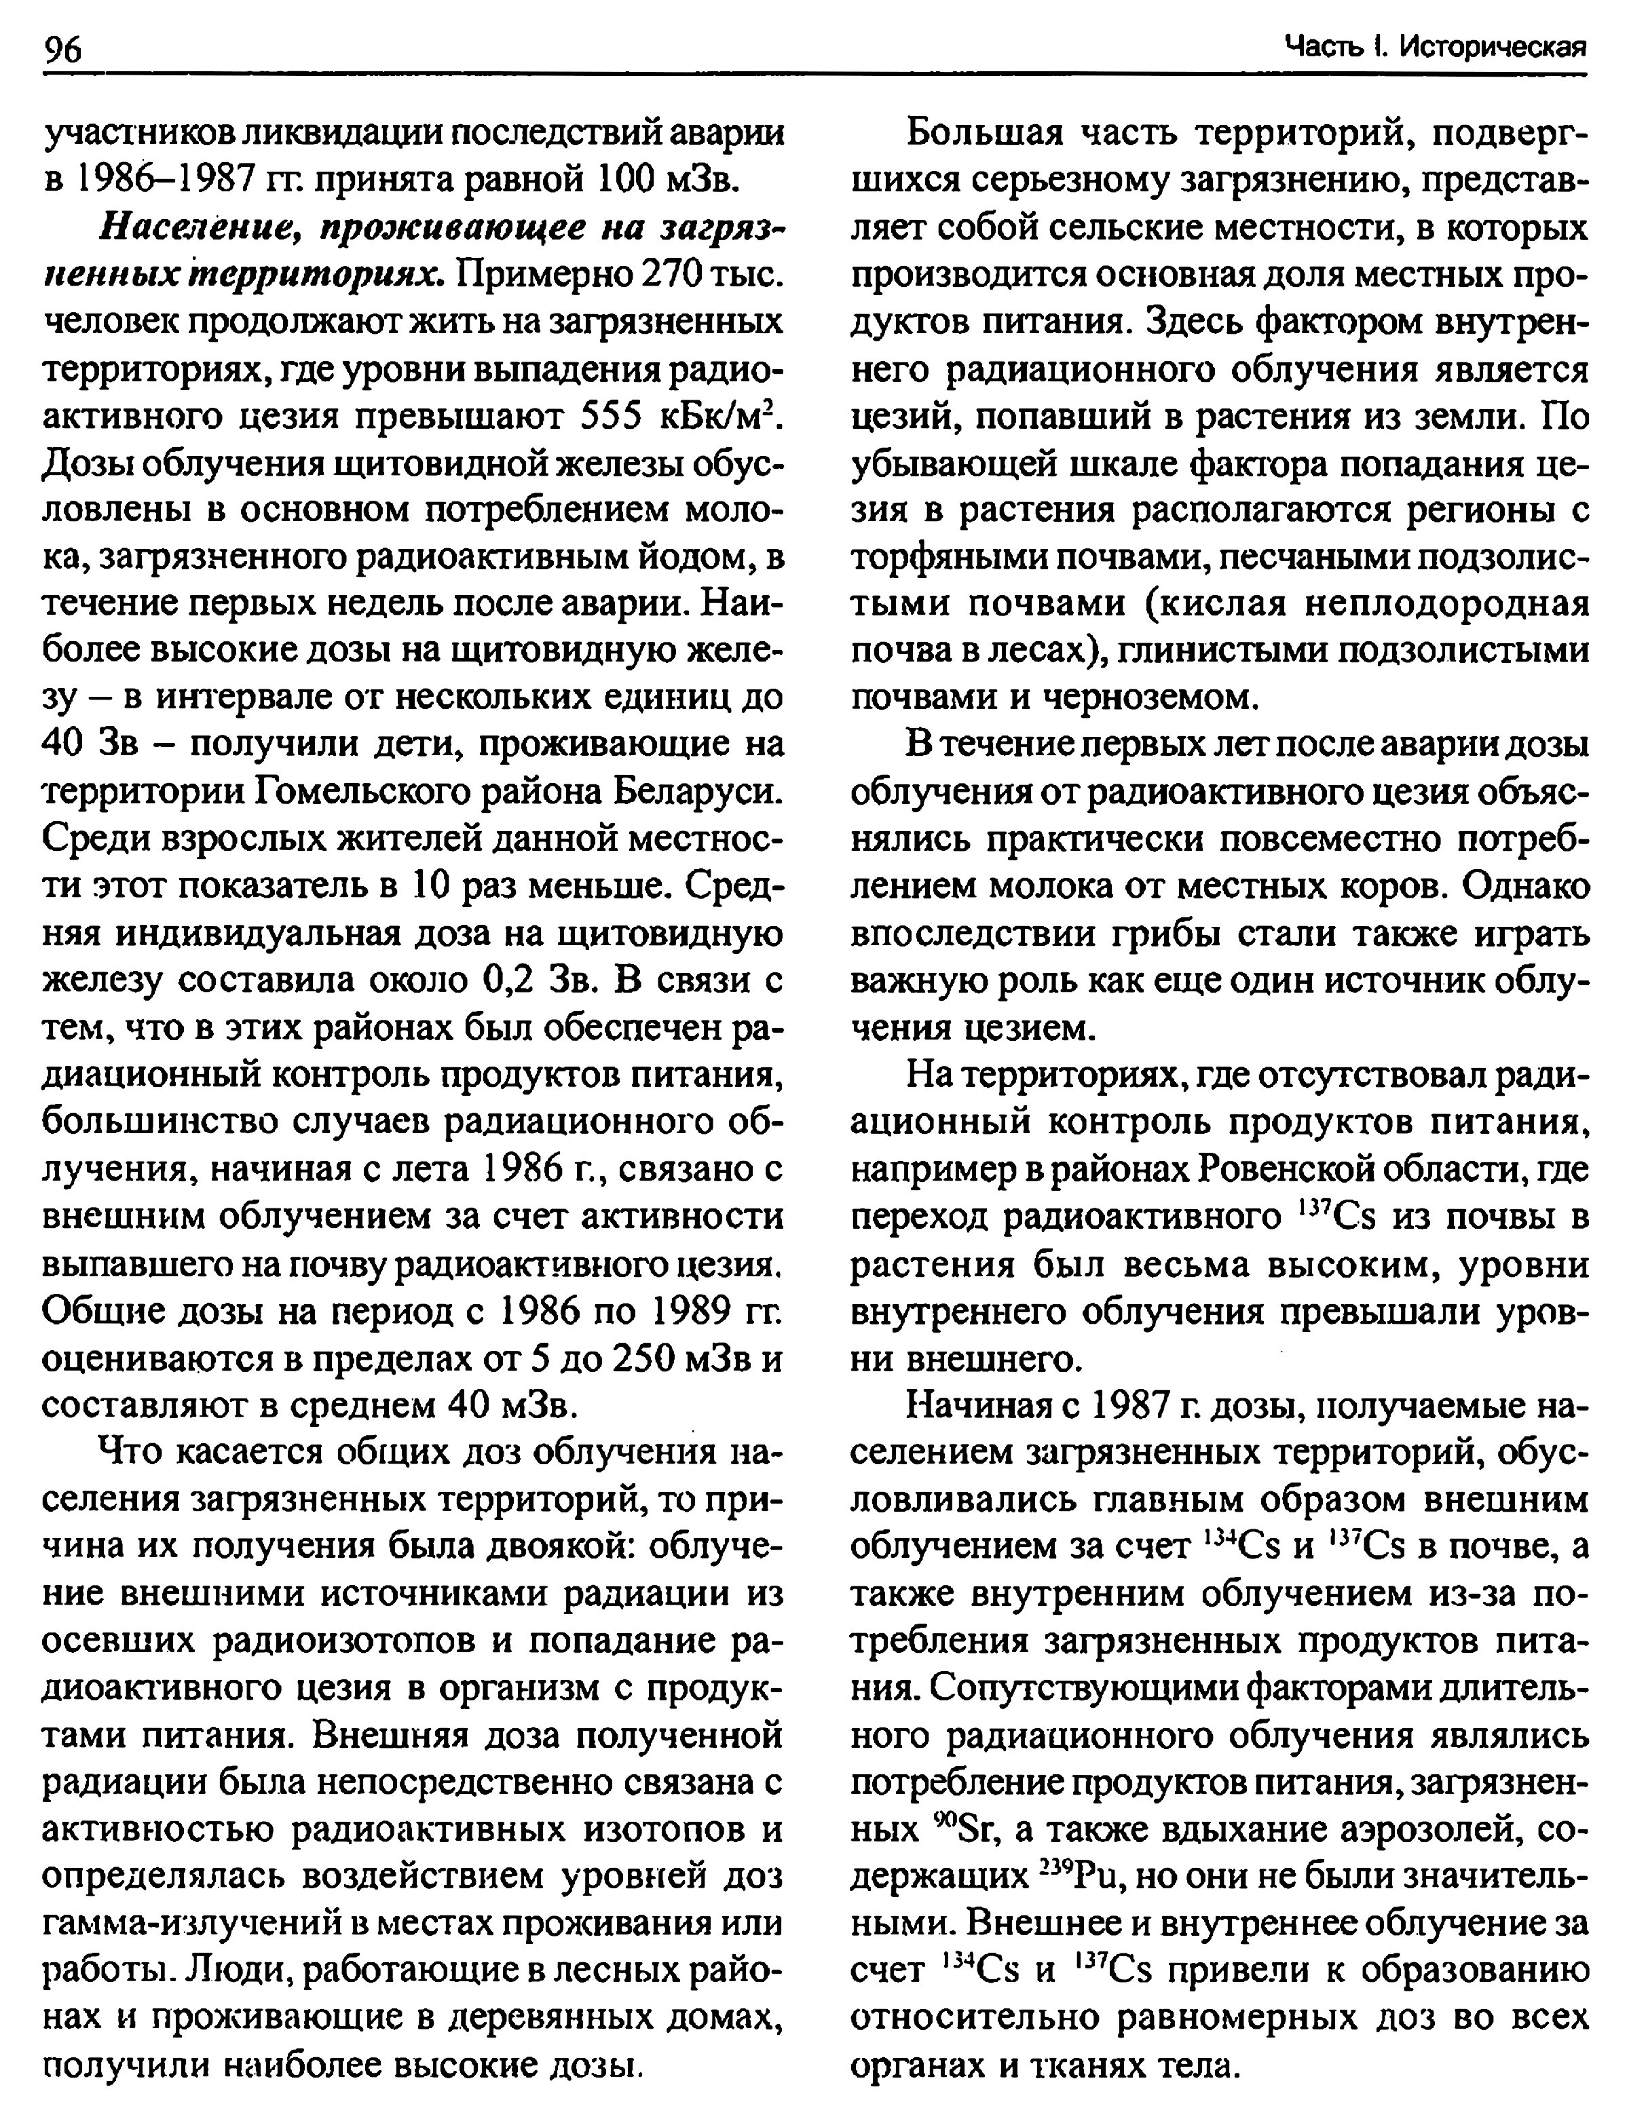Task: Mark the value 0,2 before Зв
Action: tap(511, 980)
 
